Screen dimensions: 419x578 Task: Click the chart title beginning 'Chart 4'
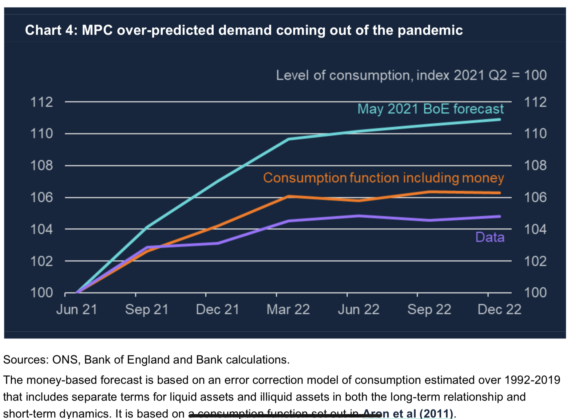pyautogui.click(x=243, y=30)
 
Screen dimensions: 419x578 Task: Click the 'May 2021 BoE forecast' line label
pyautogui.click(x=430, y=109)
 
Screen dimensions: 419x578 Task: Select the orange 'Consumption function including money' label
pyautogui.click(x=383, y=178)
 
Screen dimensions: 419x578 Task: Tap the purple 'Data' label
pyautogui.click(x=490, y=237)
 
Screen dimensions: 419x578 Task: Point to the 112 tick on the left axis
pyautogui.click(x=42, y=102)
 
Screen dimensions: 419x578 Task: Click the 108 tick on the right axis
pyautogui.click(x=535, y=165)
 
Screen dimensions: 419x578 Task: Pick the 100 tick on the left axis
pyautogui.click(x=42, y=293)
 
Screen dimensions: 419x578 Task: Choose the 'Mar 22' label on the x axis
pyautogui.click(x=288, y=309)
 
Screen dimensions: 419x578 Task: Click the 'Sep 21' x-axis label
pyautogui.click(x=147, y=309)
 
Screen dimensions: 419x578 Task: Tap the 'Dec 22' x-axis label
pyautogui.click(x=499, y=309)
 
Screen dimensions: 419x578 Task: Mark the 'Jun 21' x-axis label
pyautogui.click(x=77, y=309)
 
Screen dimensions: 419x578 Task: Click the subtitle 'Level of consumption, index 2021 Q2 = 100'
pyautogui.click(x=411, y=75)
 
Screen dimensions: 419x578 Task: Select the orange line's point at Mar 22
pyautogui.click(x=288, y=196)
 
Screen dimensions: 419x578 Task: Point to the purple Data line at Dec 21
pyautogui.click(x=218, y=243)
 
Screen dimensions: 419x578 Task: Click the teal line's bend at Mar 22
pyautogui.click(x=288, y=139)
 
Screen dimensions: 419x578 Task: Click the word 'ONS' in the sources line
pyautogui.click(x=65, y=359)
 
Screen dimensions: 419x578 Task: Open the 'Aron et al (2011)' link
pyautogui.click(x=408, y=413)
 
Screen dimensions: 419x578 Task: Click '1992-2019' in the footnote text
pyautogui.click(x=532, y=380)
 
